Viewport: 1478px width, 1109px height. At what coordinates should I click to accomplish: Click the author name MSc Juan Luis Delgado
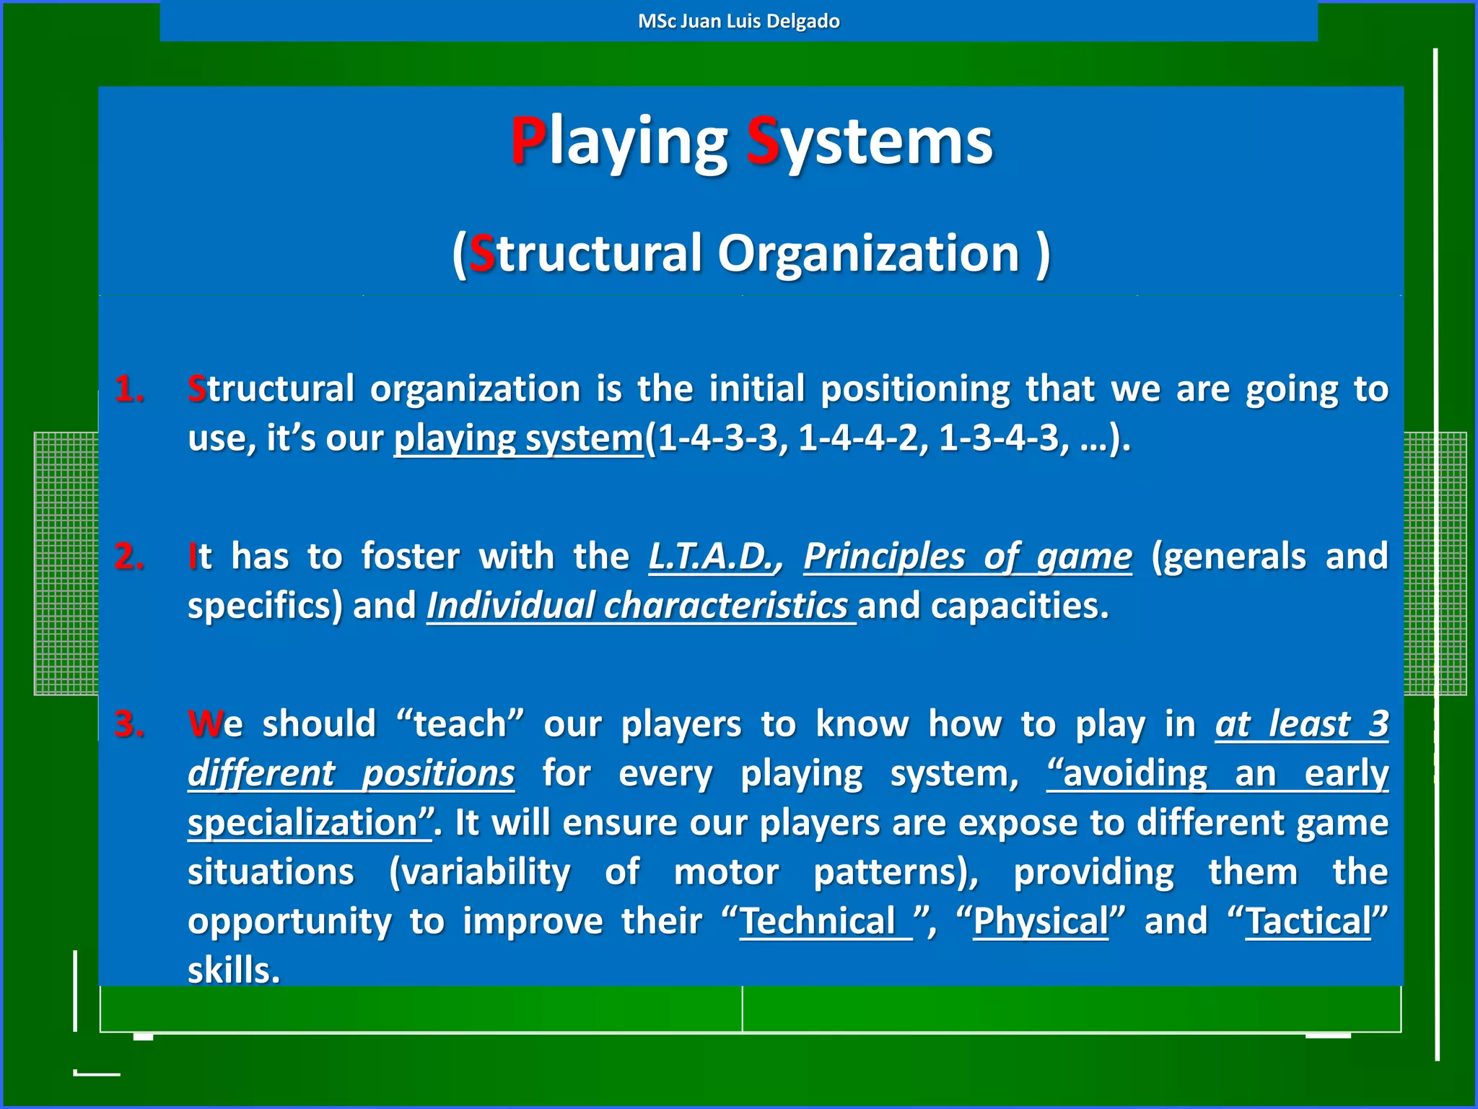tap(738, 21)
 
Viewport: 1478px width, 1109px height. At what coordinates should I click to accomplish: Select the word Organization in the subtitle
tap(868, 253)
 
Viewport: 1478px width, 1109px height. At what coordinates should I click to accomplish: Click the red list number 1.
tap(129, 389)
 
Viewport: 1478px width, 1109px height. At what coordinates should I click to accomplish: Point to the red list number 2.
tap(129, 557)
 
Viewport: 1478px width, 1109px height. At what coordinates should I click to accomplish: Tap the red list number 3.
tap(129, 724)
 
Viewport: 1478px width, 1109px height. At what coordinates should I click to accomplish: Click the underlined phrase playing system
tap(518, 438)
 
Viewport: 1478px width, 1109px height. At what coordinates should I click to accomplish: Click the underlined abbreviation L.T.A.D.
tap(712, 557)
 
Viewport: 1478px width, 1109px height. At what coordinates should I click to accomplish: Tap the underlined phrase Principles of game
tap(968, 557)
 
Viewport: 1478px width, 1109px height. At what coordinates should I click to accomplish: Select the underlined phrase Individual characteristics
tap(638, 606)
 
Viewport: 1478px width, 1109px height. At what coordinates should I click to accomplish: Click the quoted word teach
tap(460, 724)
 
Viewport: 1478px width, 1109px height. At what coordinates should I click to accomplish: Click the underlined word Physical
tap(1040, 922)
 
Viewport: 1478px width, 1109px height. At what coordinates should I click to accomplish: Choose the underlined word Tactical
tap(1308, 922)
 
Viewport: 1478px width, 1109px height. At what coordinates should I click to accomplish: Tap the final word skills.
tap(232, 970)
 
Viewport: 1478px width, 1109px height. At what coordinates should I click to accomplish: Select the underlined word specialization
tap(303, 823)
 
